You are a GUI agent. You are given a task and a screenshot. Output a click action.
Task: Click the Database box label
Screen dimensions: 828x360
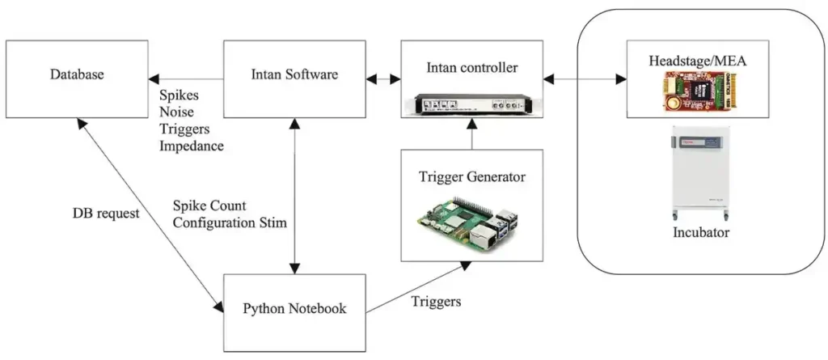(77, 74)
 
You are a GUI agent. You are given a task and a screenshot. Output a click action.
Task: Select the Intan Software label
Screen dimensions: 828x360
(294, 74)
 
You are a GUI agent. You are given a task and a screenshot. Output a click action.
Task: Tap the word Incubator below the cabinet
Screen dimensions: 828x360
(701, 232)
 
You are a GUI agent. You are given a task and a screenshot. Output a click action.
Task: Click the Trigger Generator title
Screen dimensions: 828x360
(471, 176)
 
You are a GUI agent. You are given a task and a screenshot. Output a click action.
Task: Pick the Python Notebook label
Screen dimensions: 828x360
(294, 308)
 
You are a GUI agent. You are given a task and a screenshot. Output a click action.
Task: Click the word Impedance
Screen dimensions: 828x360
(192, 146)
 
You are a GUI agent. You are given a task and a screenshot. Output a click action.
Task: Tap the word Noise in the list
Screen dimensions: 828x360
(176, 112)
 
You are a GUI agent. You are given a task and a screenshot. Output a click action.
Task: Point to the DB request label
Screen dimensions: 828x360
(106, 214)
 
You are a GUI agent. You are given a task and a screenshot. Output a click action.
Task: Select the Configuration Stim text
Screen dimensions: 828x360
(230, 222)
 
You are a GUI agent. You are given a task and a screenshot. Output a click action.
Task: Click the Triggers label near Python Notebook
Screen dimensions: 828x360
(436, 302)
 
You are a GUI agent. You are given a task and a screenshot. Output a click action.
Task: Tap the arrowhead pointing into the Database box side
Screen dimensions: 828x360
(154, 79)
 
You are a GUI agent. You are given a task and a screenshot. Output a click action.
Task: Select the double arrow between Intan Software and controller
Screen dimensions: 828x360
(382, 79)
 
